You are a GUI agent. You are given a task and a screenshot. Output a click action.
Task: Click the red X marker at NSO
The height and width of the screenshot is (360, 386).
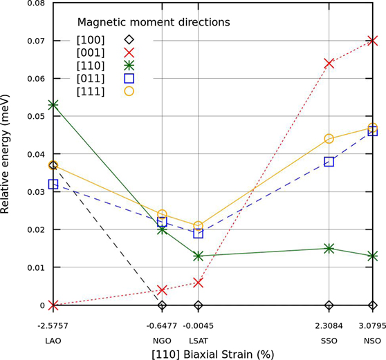point(373,41)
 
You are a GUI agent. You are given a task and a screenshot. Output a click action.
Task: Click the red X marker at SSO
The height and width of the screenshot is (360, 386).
point(329,64)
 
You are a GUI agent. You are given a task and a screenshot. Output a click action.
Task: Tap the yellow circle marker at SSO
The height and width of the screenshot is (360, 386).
point(329,139)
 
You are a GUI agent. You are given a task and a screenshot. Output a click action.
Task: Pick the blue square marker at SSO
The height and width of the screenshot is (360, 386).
point(329,162)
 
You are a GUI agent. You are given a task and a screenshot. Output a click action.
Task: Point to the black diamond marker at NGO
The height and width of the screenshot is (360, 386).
point(162,305)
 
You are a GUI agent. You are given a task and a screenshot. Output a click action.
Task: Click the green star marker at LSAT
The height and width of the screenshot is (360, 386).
point(199,256)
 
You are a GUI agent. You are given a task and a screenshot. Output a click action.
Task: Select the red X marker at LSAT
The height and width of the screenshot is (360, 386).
point(199,283)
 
